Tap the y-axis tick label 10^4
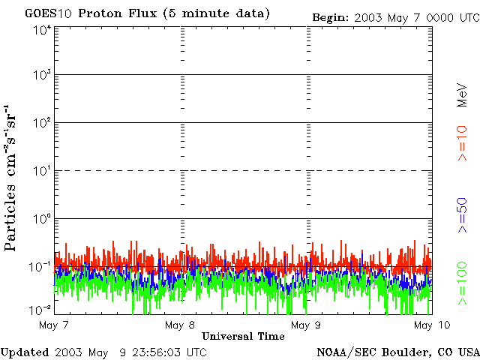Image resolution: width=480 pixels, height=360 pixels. [42, 31]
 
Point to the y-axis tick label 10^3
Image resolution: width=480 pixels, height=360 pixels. [42, 76]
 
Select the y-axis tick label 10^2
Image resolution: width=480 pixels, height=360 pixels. [42, 123]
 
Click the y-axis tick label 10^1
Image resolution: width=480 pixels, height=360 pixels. [42, 171]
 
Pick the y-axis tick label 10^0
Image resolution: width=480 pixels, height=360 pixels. [42, 219]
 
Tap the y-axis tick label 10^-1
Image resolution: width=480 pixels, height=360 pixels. [40, 266]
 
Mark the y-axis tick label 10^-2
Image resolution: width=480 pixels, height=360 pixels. [40, 309]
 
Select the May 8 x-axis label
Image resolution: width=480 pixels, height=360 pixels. [180, 325]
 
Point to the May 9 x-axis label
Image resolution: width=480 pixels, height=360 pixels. [306, 325]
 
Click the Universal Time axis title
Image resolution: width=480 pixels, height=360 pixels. [243, 336]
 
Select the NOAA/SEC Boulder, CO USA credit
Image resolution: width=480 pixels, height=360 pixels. [397, 352]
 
